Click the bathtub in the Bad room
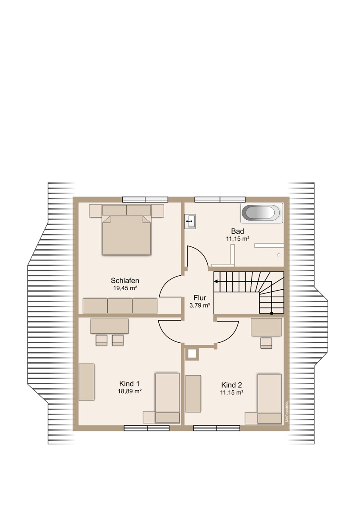261,213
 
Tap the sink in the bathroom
190,221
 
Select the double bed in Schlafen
127,235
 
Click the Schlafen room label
125,280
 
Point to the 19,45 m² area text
125,288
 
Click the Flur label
200,298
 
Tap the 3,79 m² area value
200,305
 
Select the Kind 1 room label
129,384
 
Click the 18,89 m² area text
129,392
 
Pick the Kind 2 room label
231,385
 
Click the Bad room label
237,231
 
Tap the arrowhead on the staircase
216,281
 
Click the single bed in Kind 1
167,397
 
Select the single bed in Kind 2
269,398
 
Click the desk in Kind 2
266,327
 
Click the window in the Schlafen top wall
145,199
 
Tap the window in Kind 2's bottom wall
217,428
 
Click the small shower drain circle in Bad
279,255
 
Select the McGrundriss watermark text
287,411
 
